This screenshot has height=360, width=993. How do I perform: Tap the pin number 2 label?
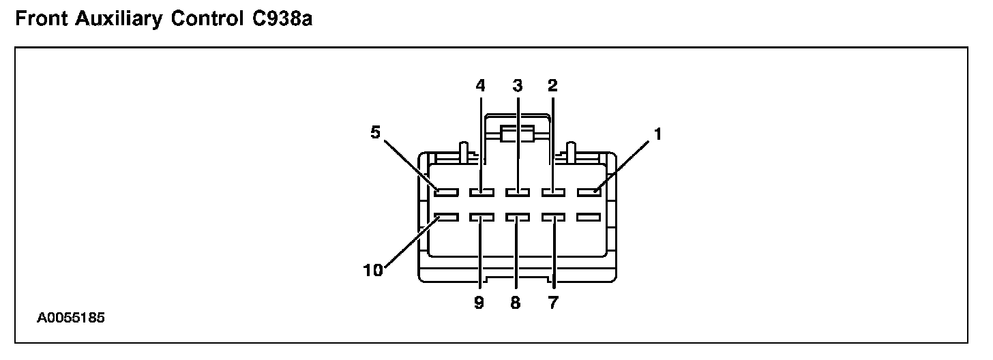click(x=552, y=86)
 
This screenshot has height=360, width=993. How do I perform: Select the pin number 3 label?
click(x=517, y=86)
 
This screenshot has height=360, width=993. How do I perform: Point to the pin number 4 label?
click(x=480, y=86)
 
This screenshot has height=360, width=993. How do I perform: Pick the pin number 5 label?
click(x=375, y=133)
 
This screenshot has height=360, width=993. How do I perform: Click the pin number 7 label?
click(x=552, y=302)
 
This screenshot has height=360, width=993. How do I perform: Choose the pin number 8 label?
click(x=516, y=302)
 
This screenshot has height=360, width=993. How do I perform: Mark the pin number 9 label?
click(x=479, y=302)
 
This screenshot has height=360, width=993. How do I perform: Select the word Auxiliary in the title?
click(x=115, y=19)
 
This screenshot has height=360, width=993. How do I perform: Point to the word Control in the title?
click(x=205, y=19)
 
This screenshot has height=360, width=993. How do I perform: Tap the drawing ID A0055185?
click(x=71, y=318)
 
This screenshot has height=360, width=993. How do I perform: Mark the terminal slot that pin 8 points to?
click(x=518, y=218)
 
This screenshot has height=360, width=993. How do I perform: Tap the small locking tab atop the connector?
click(x=517, y=134)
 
